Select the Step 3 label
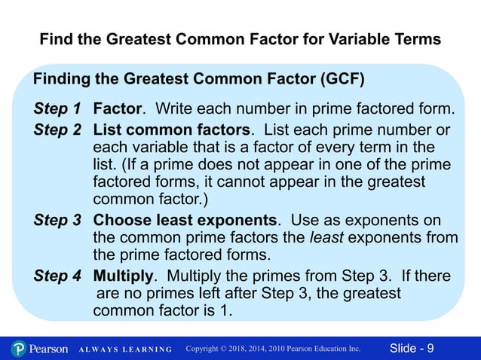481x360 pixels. coord(57,221)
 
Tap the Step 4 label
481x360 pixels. coord(57,276)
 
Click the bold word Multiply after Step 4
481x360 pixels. coord(124,276)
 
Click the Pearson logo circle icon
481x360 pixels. coord(19,349)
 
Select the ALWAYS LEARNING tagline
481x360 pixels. coord(124,349)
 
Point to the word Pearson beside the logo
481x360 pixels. coord(49,349)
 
